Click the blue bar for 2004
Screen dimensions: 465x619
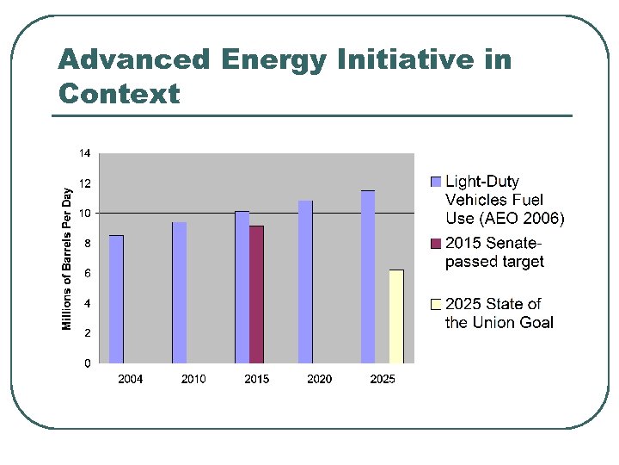coord(116,299)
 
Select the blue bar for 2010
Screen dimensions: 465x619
coord(179,293)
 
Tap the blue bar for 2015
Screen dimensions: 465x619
coord(242,287)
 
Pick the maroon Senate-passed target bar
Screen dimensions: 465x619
coord(256,294)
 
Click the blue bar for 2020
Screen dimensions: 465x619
coord(305,282)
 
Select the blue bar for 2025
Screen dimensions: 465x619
coord(368,276)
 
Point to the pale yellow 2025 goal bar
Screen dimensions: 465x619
coord(396,316)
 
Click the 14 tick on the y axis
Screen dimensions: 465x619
coord(85,153)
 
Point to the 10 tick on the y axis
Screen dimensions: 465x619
coord(85,214)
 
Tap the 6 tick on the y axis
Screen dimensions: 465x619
coord(88,273)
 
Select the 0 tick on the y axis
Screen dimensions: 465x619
coord(88,363)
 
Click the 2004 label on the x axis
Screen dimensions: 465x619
coord(131,379)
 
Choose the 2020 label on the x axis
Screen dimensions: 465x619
coord(320,379)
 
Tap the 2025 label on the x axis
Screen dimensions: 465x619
coord(383,379)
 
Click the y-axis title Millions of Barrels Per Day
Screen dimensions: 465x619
coord(67,258)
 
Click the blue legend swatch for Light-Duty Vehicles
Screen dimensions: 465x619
coord(435,182)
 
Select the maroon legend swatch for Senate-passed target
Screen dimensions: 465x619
coord(435,243)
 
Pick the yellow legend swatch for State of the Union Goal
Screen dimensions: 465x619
coord(435,304)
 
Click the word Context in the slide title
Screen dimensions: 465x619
coord(119,93)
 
